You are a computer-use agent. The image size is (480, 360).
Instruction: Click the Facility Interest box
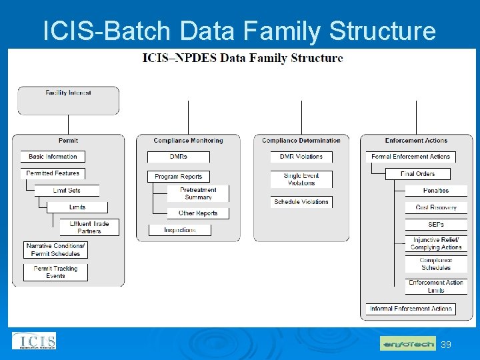68,100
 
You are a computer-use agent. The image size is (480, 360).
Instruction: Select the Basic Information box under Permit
53,157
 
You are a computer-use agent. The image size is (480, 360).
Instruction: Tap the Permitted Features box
53,173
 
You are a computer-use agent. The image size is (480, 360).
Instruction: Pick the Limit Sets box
67,191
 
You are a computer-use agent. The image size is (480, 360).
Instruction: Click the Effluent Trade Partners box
89,227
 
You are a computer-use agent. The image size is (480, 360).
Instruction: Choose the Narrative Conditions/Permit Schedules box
55,250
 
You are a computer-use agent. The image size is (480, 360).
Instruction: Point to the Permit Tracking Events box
56,272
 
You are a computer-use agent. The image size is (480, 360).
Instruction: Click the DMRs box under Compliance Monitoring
179,157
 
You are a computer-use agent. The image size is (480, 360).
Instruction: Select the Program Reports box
178,177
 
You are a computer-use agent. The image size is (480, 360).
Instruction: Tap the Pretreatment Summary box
199,193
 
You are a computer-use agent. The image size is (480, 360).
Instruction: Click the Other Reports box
198,213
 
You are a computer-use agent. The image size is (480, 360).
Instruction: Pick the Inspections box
179,230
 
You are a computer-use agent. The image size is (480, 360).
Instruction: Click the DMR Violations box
301,157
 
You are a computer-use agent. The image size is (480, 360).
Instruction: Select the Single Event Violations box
301,179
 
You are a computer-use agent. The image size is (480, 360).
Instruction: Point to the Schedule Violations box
301,202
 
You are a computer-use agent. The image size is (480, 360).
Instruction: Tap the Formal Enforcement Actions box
411,157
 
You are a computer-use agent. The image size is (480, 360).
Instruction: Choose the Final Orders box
418,174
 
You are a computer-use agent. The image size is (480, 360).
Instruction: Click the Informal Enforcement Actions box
411,309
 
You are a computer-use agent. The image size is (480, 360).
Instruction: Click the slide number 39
446,345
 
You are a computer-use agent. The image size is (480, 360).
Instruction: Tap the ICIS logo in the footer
34,341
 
